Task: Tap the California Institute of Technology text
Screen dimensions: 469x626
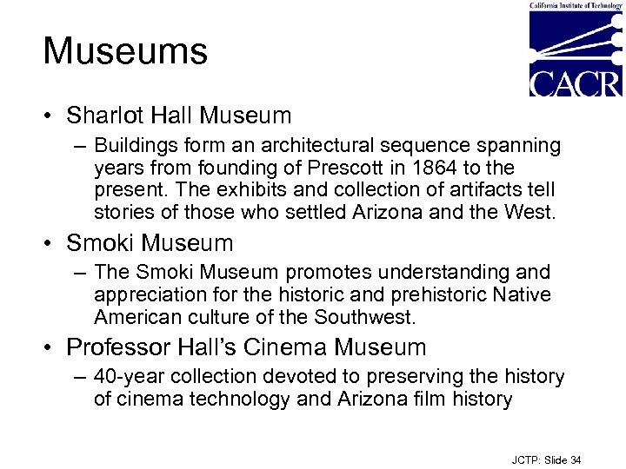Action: [x=576, y=5]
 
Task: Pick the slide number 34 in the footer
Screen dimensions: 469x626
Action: [x=575, y=459]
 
